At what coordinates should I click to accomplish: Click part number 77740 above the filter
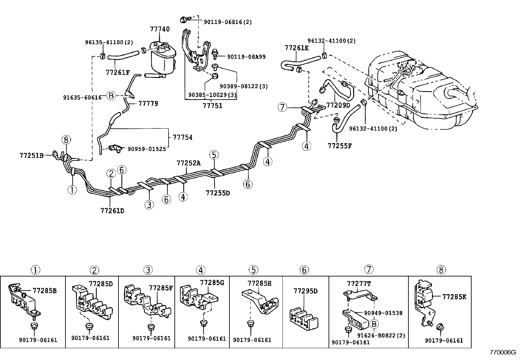tap(160, 29)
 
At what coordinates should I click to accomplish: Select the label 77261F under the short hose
tap(117, 72)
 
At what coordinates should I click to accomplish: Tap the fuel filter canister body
tap(163, 62)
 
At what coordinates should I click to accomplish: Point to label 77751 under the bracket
tap(212, 106)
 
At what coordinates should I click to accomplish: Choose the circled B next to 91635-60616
tap(111, 96)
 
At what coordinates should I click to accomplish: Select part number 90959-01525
tap(146, 149)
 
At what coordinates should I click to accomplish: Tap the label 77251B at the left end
tap(31, 155)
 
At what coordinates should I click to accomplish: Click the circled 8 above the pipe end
tap(66, 140)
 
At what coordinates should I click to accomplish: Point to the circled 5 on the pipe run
tap(214, 155)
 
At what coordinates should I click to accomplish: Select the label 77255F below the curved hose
tap(340, 145)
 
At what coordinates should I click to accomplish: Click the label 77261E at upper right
tap(296, 48)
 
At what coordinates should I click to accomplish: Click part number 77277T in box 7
tap(359, 284)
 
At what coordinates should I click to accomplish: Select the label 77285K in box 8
tap(454, 297)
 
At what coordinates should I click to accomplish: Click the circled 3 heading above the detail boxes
tap(148, 270)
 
